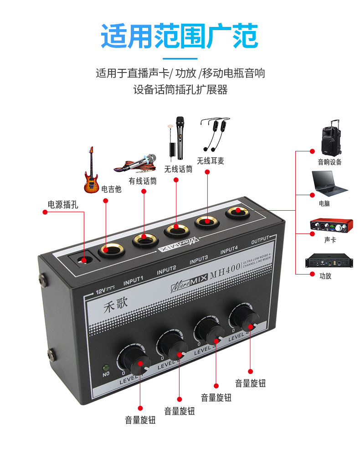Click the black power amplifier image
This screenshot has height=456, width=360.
pyautogui.click(x=329, y=261)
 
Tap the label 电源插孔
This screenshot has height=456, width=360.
pyautogui.click(x=63, y=204)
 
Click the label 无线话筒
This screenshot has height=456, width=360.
pyautogui.click(x=178, y=169)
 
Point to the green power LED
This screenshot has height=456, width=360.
pyautogui.click(x=106, y=367)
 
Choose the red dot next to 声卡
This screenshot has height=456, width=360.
pyautogui.click(x=313, y=233)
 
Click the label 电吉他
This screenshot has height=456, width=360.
pyautogui.click(x=112, y=189)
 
